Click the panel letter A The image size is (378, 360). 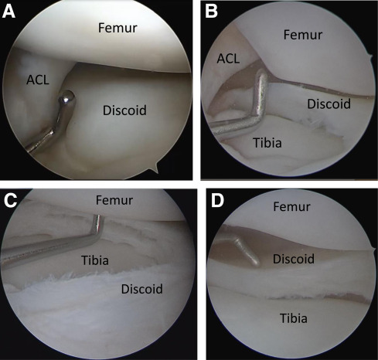pyautogui.click(x=9, y=12)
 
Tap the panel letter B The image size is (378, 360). pyautogui.click(x=211, y=12)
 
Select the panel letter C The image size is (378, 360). pyautogui.click(x=11, y=201)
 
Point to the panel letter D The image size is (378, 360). pyautogui.click(x=217, y=201)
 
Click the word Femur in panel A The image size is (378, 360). pyautogui.click(x=117, y=28)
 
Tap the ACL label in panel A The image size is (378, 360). pyautogui.click(x=38, y=80)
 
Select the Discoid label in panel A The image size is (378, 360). pyautogui.click(x=124, y=110)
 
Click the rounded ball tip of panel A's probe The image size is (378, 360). pyautogui.click(x=67, y=98)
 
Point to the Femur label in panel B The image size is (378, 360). pyautogui.click(x=303, y=35)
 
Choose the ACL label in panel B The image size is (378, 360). pyautogui.click(x=228, y=59)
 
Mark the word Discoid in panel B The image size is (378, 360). pyautogui.click(x=329, y=104)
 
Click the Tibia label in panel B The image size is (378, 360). pyautogui.click(x=267, y=143)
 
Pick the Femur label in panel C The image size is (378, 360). pyautogui.click(x=114, y=200)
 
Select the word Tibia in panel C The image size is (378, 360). pyautogui.click(x=95, y=260)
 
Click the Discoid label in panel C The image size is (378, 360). pyautogui.click(x=142, y=289)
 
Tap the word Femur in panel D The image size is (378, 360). pyautogui.click(x=291, y=206)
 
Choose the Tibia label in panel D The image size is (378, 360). pyautogui.click(x=294, y=318)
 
